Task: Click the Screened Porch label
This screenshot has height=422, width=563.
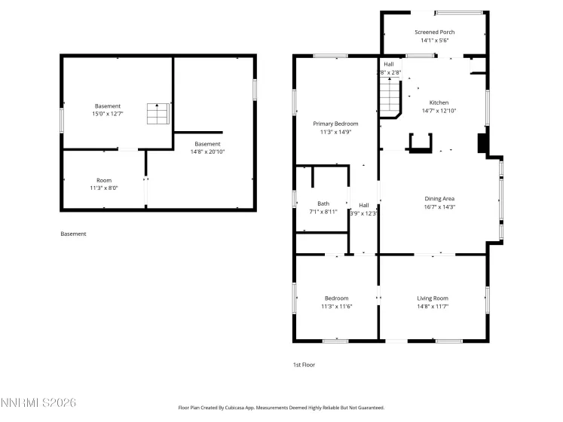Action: click(433, 32)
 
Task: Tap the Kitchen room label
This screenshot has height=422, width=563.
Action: click(439, 102)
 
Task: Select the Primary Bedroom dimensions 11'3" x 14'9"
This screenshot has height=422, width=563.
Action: click(335, 132)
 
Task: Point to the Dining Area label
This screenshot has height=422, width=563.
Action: click(439, 198)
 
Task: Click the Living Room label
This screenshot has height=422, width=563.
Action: click(433, 298)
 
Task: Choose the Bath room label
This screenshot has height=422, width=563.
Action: click(323, 203)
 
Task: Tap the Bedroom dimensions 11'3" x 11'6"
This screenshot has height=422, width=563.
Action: click(336, 307)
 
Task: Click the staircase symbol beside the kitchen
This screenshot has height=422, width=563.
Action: click(390, 98)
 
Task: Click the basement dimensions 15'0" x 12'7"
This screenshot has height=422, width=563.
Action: click(108, 115)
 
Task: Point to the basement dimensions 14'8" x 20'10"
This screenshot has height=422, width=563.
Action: click(207, 151)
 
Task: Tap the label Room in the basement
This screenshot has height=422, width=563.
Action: click(103, 180)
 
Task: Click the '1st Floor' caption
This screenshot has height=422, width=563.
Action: click(304, 365)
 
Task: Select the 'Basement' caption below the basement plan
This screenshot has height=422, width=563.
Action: click(73, 234)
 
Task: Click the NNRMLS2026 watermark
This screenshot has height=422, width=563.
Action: click(38, 404)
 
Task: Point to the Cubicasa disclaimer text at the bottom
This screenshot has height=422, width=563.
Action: click(281, 408)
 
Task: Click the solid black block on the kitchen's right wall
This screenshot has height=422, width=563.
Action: click(482, 143)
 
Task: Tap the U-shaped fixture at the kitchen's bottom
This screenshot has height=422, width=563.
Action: click(420, 142)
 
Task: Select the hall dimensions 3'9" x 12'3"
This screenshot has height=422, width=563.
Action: click(363, 213)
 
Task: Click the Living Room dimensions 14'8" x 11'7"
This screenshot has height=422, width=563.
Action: click(433, 307)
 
